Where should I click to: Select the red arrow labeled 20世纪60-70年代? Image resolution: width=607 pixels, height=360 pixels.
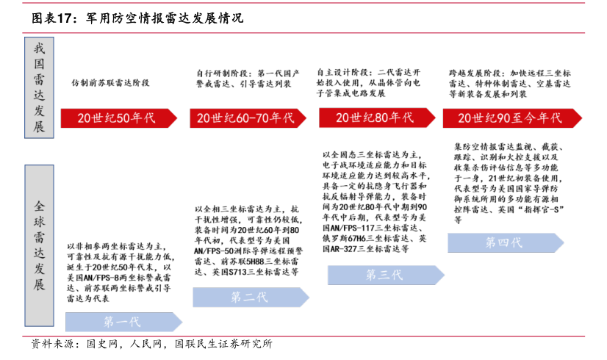click(247, 118)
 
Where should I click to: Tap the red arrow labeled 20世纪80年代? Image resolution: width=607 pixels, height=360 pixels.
click(376, 118)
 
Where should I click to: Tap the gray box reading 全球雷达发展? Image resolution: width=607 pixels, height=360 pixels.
click(39, 245)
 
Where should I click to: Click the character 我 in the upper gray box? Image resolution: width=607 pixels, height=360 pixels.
click(39, 48)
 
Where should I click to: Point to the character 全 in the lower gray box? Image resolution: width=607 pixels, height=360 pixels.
click(39, 206)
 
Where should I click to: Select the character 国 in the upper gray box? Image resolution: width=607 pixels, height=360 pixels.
click(39, 65)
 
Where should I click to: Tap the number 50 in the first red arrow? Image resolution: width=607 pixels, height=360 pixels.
click(123, 118)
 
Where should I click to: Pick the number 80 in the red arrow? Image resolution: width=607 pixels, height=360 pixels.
click(381, 118)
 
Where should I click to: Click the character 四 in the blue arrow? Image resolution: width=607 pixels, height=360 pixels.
click(504, 243)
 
